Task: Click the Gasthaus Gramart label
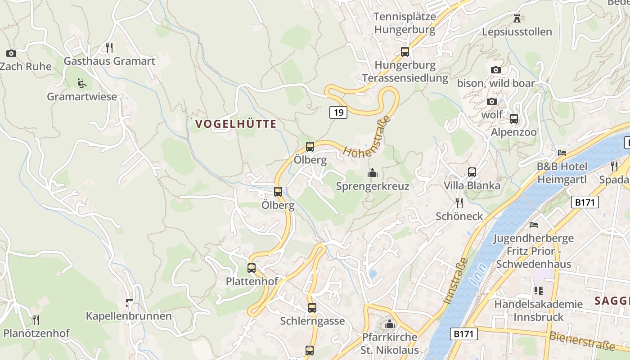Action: click(x=109, y=61)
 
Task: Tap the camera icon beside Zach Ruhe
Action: click(x=11, y=53)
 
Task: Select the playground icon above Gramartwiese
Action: click(x=81, y=83)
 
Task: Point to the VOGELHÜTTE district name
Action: click(x=236, y=124)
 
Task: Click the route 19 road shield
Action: click(x=338, y=112)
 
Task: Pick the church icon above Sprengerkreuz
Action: click(x=373, y=173)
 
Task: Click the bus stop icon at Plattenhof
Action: click(x=252, y=268)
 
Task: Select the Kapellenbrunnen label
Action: click(x=129, y=316)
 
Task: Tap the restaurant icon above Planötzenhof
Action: click(x=36, y=320)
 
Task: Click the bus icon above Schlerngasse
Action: click(x=312, y=308)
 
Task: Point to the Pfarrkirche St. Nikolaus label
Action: click(x=390, y=343)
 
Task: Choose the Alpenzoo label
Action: click(x=513, y=132)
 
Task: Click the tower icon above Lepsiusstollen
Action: click(x=517, y=18)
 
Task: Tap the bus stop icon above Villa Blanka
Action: click(x=472, y=172)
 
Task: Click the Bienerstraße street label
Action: click(x=581, y=341)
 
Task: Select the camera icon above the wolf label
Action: click(x=492, y=101)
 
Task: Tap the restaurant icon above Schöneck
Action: click(x=459, y=202)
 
